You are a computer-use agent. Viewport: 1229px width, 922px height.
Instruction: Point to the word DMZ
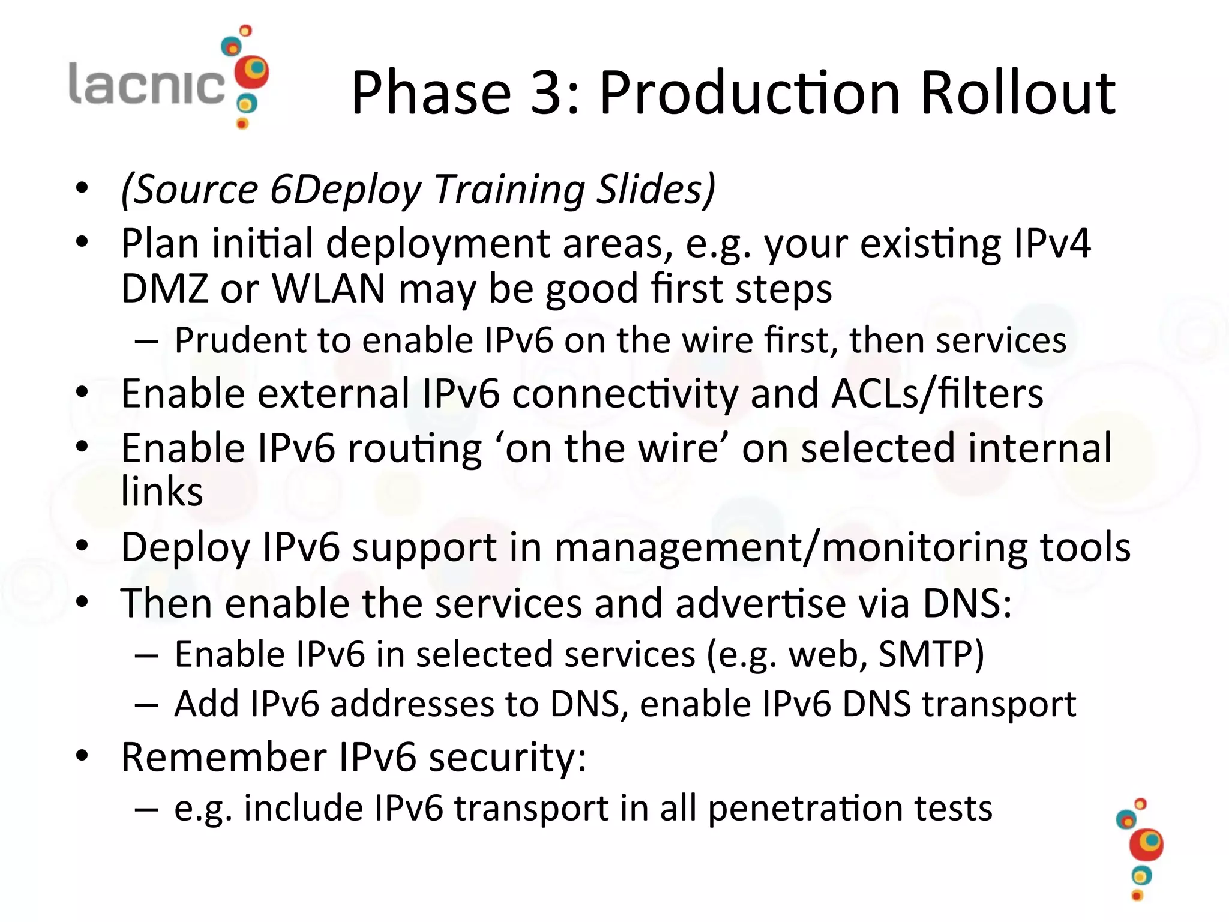tap(164, 289)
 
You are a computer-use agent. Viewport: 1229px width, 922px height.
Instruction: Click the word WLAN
tap(328, 289)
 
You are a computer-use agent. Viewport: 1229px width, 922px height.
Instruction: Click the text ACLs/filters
tap(937, 394)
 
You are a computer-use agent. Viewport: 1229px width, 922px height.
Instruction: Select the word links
tap(162, 492)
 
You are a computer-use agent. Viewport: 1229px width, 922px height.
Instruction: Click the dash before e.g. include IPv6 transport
tap(146, 809)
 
